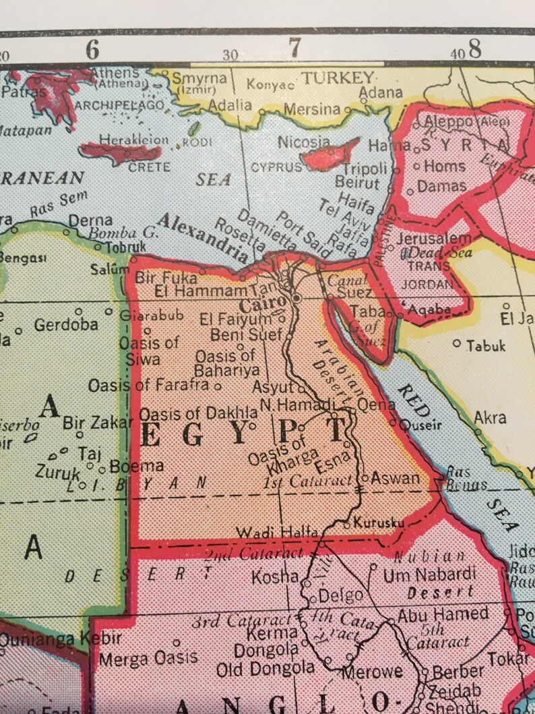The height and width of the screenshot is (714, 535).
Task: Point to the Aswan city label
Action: coord(396,478)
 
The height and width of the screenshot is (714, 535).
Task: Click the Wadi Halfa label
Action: coord(276,533)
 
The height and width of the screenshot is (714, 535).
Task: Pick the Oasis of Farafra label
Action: coord(148,386)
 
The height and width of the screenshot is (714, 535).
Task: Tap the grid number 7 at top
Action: coord(294,49)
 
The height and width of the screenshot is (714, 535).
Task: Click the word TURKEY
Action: coord(337,78)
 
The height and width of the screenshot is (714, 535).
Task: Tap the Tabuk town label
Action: coord(486,345)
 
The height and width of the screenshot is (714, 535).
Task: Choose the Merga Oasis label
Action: coord(148,657)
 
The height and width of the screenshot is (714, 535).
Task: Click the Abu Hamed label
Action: coord(443,614)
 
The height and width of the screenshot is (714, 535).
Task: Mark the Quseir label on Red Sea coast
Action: coord(422,425)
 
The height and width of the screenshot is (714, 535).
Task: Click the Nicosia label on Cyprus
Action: coord(304,142)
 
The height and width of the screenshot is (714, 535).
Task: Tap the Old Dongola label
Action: coord(265,669)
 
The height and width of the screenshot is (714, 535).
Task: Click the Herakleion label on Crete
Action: coord(134,140)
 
